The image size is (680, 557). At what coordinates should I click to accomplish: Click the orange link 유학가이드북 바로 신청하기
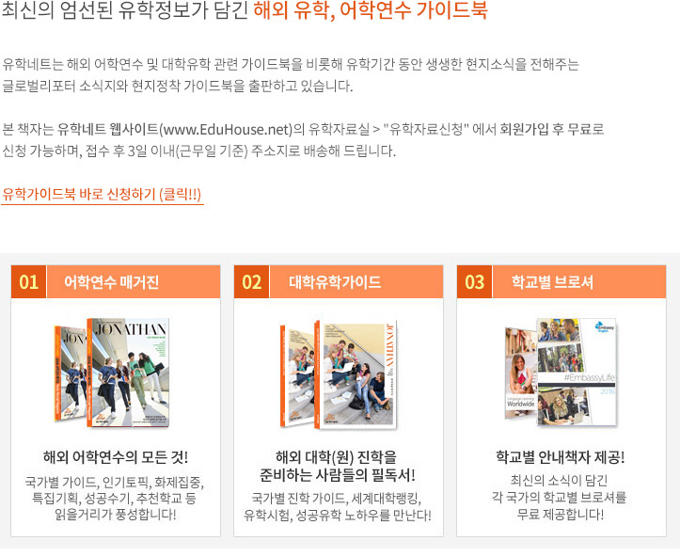(x=102, y=194)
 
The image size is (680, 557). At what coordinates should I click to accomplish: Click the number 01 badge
(x=28, y=282)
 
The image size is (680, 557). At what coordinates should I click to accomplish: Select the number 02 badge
(x=251, y=282)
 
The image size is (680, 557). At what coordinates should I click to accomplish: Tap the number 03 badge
(x=474, y=282)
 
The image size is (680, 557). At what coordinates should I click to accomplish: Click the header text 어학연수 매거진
(x=112, y=282)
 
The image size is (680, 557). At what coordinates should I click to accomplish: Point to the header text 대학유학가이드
(x=335, y=282)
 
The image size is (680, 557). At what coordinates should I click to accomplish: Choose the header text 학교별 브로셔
(x=552, y=282)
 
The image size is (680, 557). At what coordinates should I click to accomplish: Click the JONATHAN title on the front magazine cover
(x=131, y=329)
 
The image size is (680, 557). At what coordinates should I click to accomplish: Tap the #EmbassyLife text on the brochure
(x=590, y=377)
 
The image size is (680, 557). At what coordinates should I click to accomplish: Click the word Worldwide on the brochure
(x=521, y=404)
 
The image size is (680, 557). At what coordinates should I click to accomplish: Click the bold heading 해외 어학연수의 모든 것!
(x=116, y=457)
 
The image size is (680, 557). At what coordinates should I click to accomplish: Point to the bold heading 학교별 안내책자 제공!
(x=561, y=457)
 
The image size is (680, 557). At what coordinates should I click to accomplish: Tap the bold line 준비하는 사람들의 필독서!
(x=338, y=475)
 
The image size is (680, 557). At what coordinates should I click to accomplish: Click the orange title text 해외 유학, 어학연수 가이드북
(x=371, y=10)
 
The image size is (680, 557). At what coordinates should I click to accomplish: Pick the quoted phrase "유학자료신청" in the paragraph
(x=426, y=129)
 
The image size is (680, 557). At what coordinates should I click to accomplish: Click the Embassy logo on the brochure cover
(x=605, y=326)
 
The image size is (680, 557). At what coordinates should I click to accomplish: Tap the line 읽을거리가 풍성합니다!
(x=116, y=515)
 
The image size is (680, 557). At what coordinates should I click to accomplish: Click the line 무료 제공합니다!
(x=561, y=515)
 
